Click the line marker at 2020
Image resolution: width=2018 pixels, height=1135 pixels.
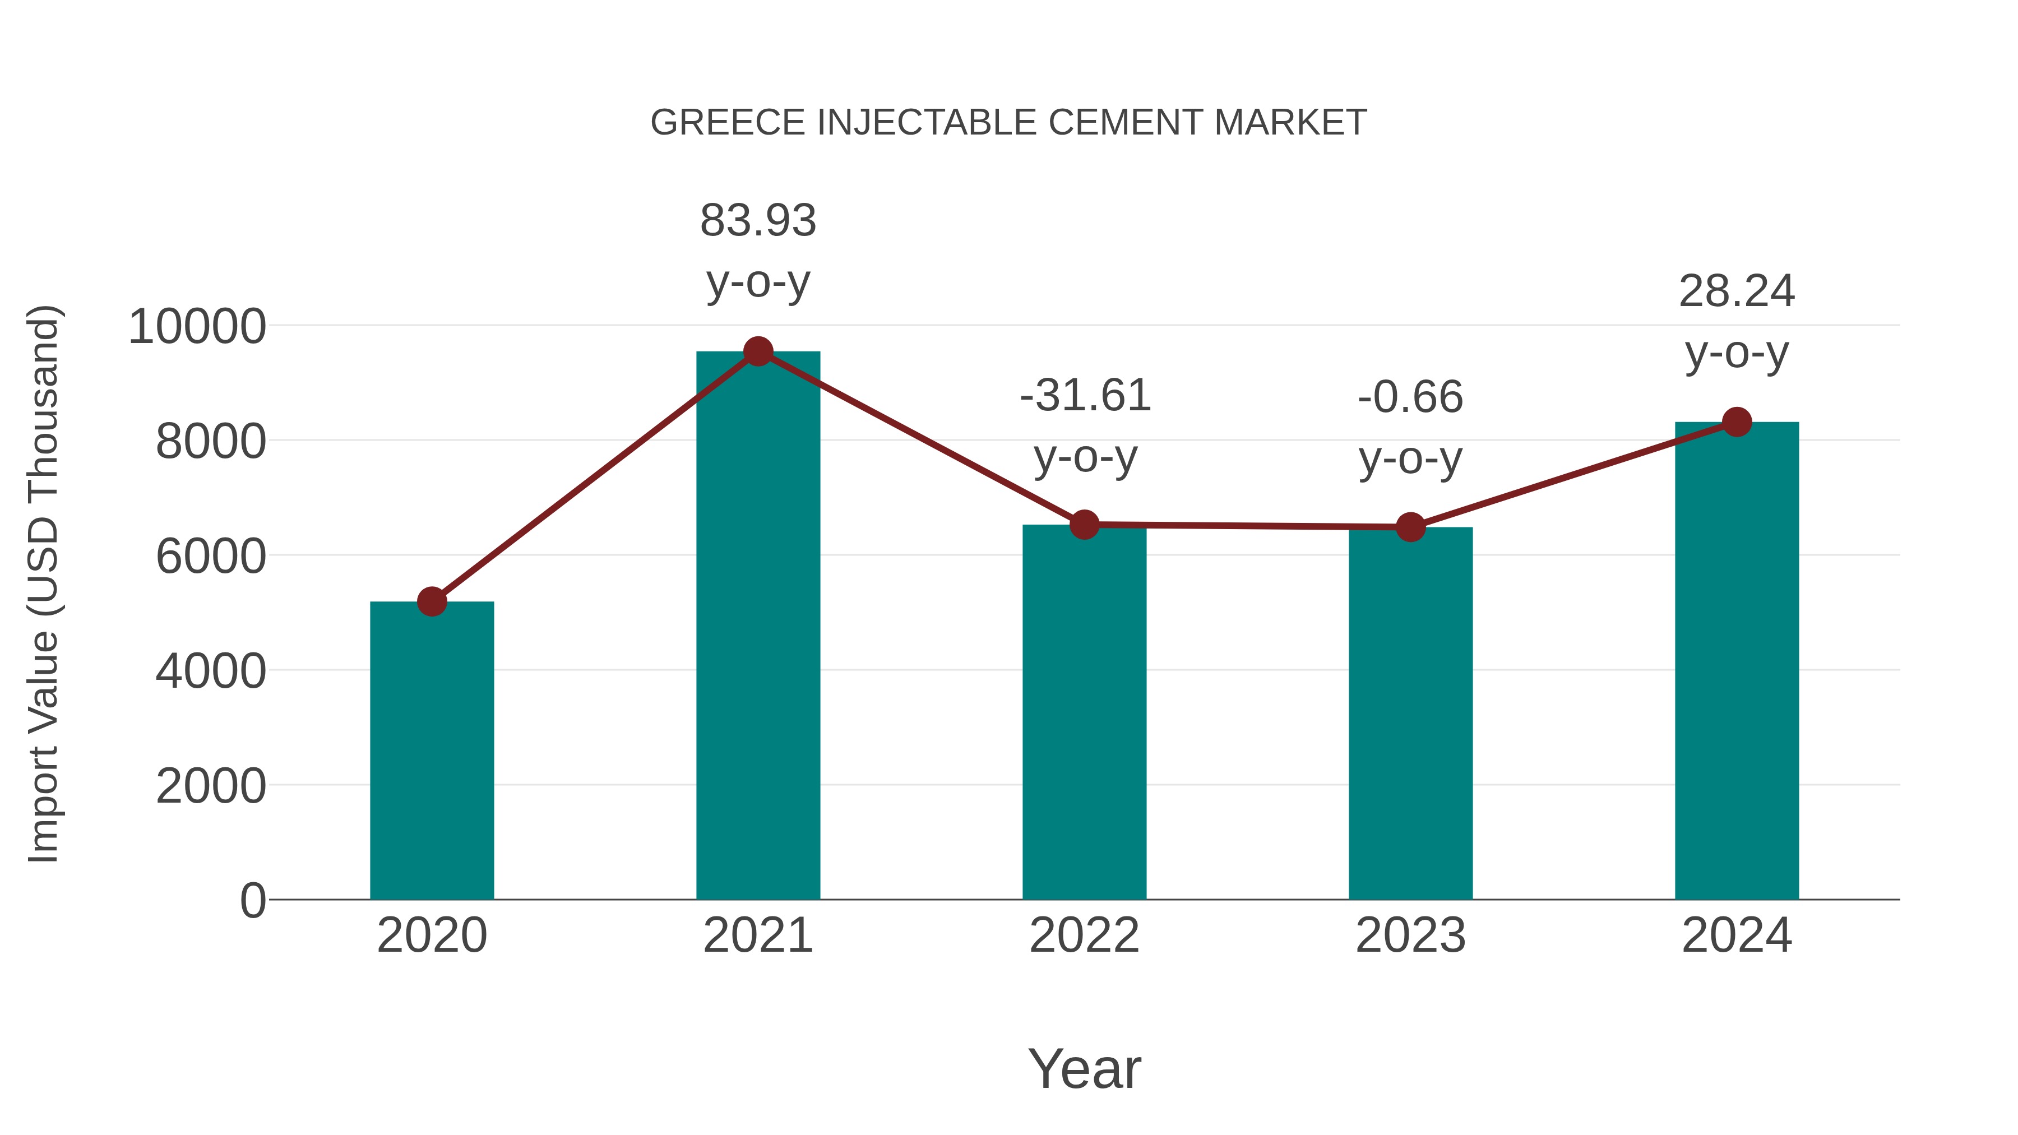[x=432, y=601]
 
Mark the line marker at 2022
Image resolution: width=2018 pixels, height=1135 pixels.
[x=1084, y=525]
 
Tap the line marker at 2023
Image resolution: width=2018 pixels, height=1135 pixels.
[x=1410, y=527]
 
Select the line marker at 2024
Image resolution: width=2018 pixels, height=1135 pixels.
[x=1737, y=422]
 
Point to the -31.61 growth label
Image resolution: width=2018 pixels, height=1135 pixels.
[x=1085, y=396]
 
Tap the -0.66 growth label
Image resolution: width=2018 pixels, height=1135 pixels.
[x=1410, y=397]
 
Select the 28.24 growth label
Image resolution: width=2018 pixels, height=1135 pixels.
[x=1737, y=292]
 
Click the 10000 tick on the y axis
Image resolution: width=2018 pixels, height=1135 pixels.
[x=197, y=327]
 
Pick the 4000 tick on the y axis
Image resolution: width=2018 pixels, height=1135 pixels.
[x=211, y=671]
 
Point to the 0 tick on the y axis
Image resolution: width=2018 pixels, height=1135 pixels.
[x=253, y=900]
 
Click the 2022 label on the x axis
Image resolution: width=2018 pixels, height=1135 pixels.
[x=1084, y=935]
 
